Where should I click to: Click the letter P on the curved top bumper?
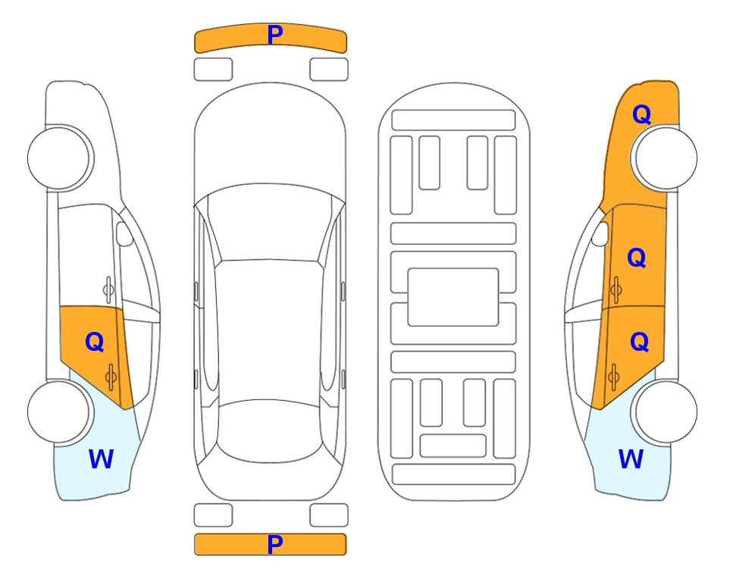pos(274,34)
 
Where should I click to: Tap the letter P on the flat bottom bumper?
pos(274,544)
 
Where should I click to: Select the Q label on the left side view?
pos(95,343)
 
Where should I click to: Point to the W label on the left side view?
pos(101,459)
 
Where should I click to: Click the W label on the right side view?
pos(631,459)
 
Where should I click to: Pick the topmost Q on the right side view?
pos(641,114)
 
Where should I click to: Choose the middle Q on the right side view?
pos(637,258)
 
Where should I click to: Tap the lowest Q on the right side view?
pos(639,343)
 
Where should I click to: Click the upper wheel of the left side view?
pos(58,158)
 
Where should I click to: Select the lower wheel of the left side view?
pos(58,411)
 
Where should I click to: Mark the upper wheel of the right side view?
pos(666,158)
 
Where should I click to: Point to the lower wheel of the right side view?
pos(666,411)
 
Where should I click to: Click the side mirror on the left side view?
pos(124,233)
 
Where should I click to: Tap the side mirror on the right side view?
pos(600,233)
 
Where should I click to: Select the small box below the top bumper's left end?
pos(213,70)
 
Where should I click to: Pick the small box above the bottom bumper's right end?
pos(329,515)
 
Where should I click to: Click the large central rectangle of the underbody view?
pos(453,297)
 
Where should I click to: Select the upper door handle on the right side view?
pos(616,289)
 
